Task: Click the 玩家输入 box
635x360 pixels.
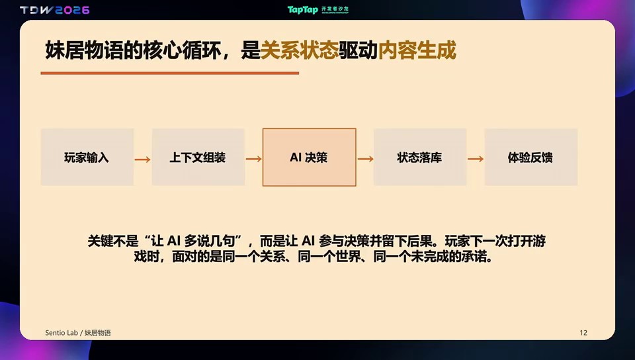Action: [x=87, y=157]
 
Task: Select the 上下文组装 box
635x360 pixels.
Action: [x=198, y=157]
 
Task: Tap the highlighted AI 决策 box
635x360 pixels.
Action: [x=310, y=157]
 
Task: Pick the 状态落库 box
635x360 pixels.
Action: [x=420, y=157]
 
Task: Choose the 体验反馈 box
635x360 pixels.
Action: [x=531, y=157]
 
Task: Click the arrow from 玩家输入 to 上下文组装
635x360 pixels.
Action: [x=143, y=159]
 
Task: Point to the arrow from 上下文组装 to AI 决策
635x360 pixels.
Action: [x=253, y=159]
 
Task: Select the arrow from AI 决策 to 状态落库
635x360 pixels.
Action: [x=365, y=159]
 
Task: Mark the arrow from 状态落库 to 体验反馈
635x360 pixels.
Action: [x=476, y=159]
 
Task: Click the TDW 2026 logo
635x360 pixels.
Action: [x=55, y=10]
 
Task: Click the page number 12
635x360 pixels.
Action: [x=583, y=333]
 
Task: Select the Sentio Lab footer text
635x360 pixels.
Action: [x=61, y=333]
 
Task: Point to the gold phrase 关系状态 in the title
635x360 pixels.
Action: [x=299, y=50]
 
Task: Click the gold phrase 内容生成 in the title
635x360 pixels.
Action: [x=417, y=50]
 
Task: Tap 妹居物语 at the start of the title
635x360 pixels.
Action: [x=84, y=50]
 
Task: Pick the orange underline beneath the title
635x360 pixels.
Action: [x=170, y=73]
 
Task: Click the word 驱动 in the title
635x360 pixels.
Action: [x=358, y=50]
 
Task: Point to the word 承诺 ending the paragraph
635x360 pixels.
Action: [x=474, y=257]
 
